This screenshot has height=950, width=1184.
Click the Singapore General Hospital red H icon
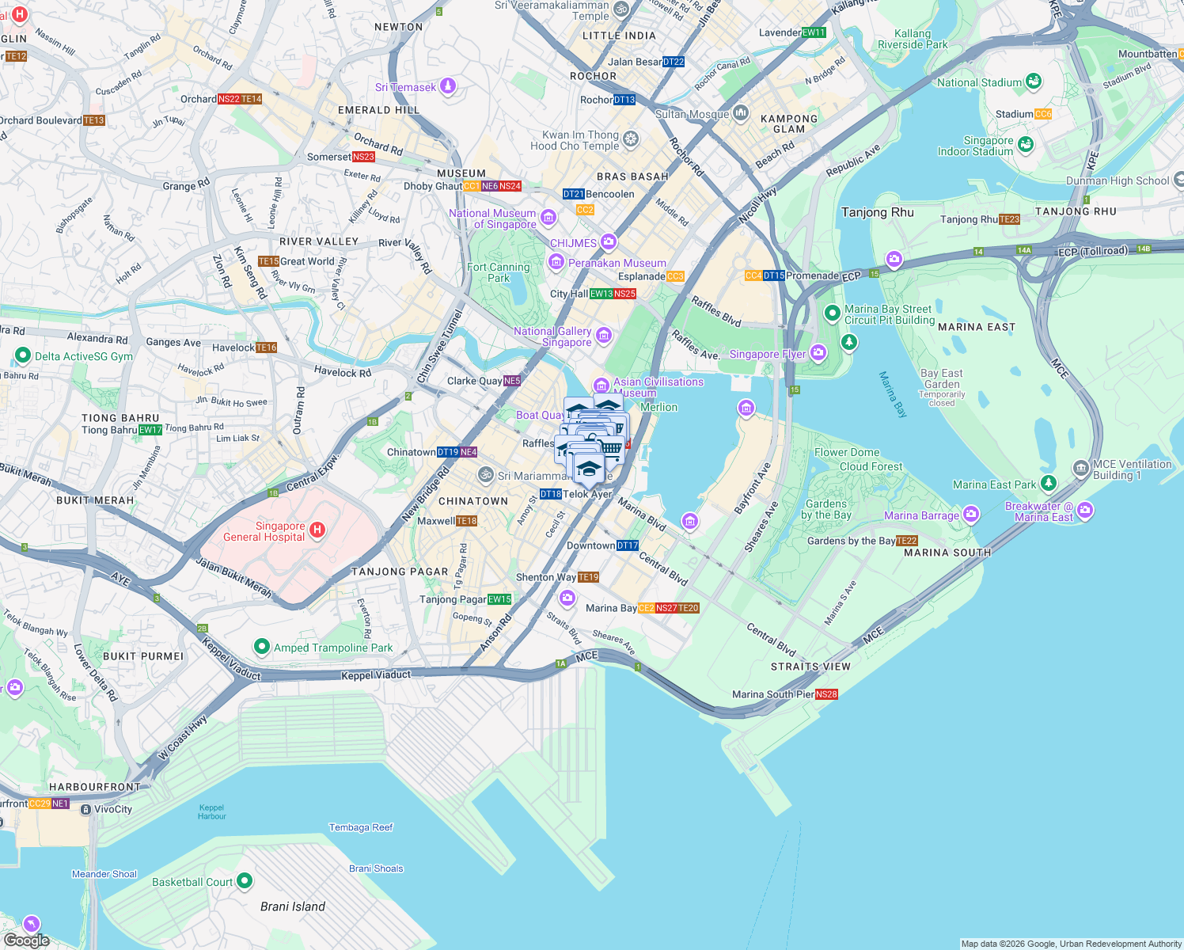tap(317, 530)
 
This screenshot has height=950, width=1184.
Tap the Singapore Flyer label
tap(767, 354)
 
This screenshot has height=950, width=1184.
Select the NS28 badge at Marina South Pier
tap(826, 694)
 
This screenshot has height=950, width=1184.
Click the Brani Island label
tap(293, 906)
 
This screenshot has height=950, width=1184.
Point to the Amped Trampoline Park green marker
tap(261, 648)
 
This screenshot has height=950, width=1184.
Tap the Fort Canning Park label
tap(498, 272)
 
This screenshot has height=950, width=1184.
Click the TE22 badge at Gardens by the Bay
tap(907, 541)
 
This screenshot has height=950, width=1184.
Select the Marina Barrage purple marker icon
tap(971, 515)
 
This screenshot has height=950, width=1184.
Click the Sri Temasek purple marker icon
tap(448, 86)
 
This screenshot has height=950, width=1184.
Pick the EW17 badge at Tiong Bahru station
tap(150, 430)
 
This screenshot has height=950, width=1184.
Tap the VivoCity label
tap(113, 809)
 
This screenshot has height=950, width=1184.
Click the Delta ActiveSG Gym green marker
tap(22, 356)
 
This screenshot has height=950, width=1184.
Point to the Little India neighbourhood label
tap(619, 36)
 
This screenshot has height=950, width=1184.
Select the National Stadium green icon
tap(1033, 82)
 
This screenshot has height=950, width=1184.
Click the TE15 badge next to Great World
tap(268, 261)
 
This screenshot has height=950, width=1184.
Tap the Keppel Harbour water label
tap(211, 812)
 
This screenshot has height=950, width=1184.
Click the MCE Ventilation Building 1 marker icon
tap(1081, 469)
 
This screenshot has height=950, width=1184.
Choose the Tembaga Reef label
tap(361, 827)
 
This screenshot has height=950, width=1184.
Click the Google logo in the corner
tap(26, 940)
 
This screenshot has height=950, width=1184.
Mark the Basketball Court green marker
tap(245, 881)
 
